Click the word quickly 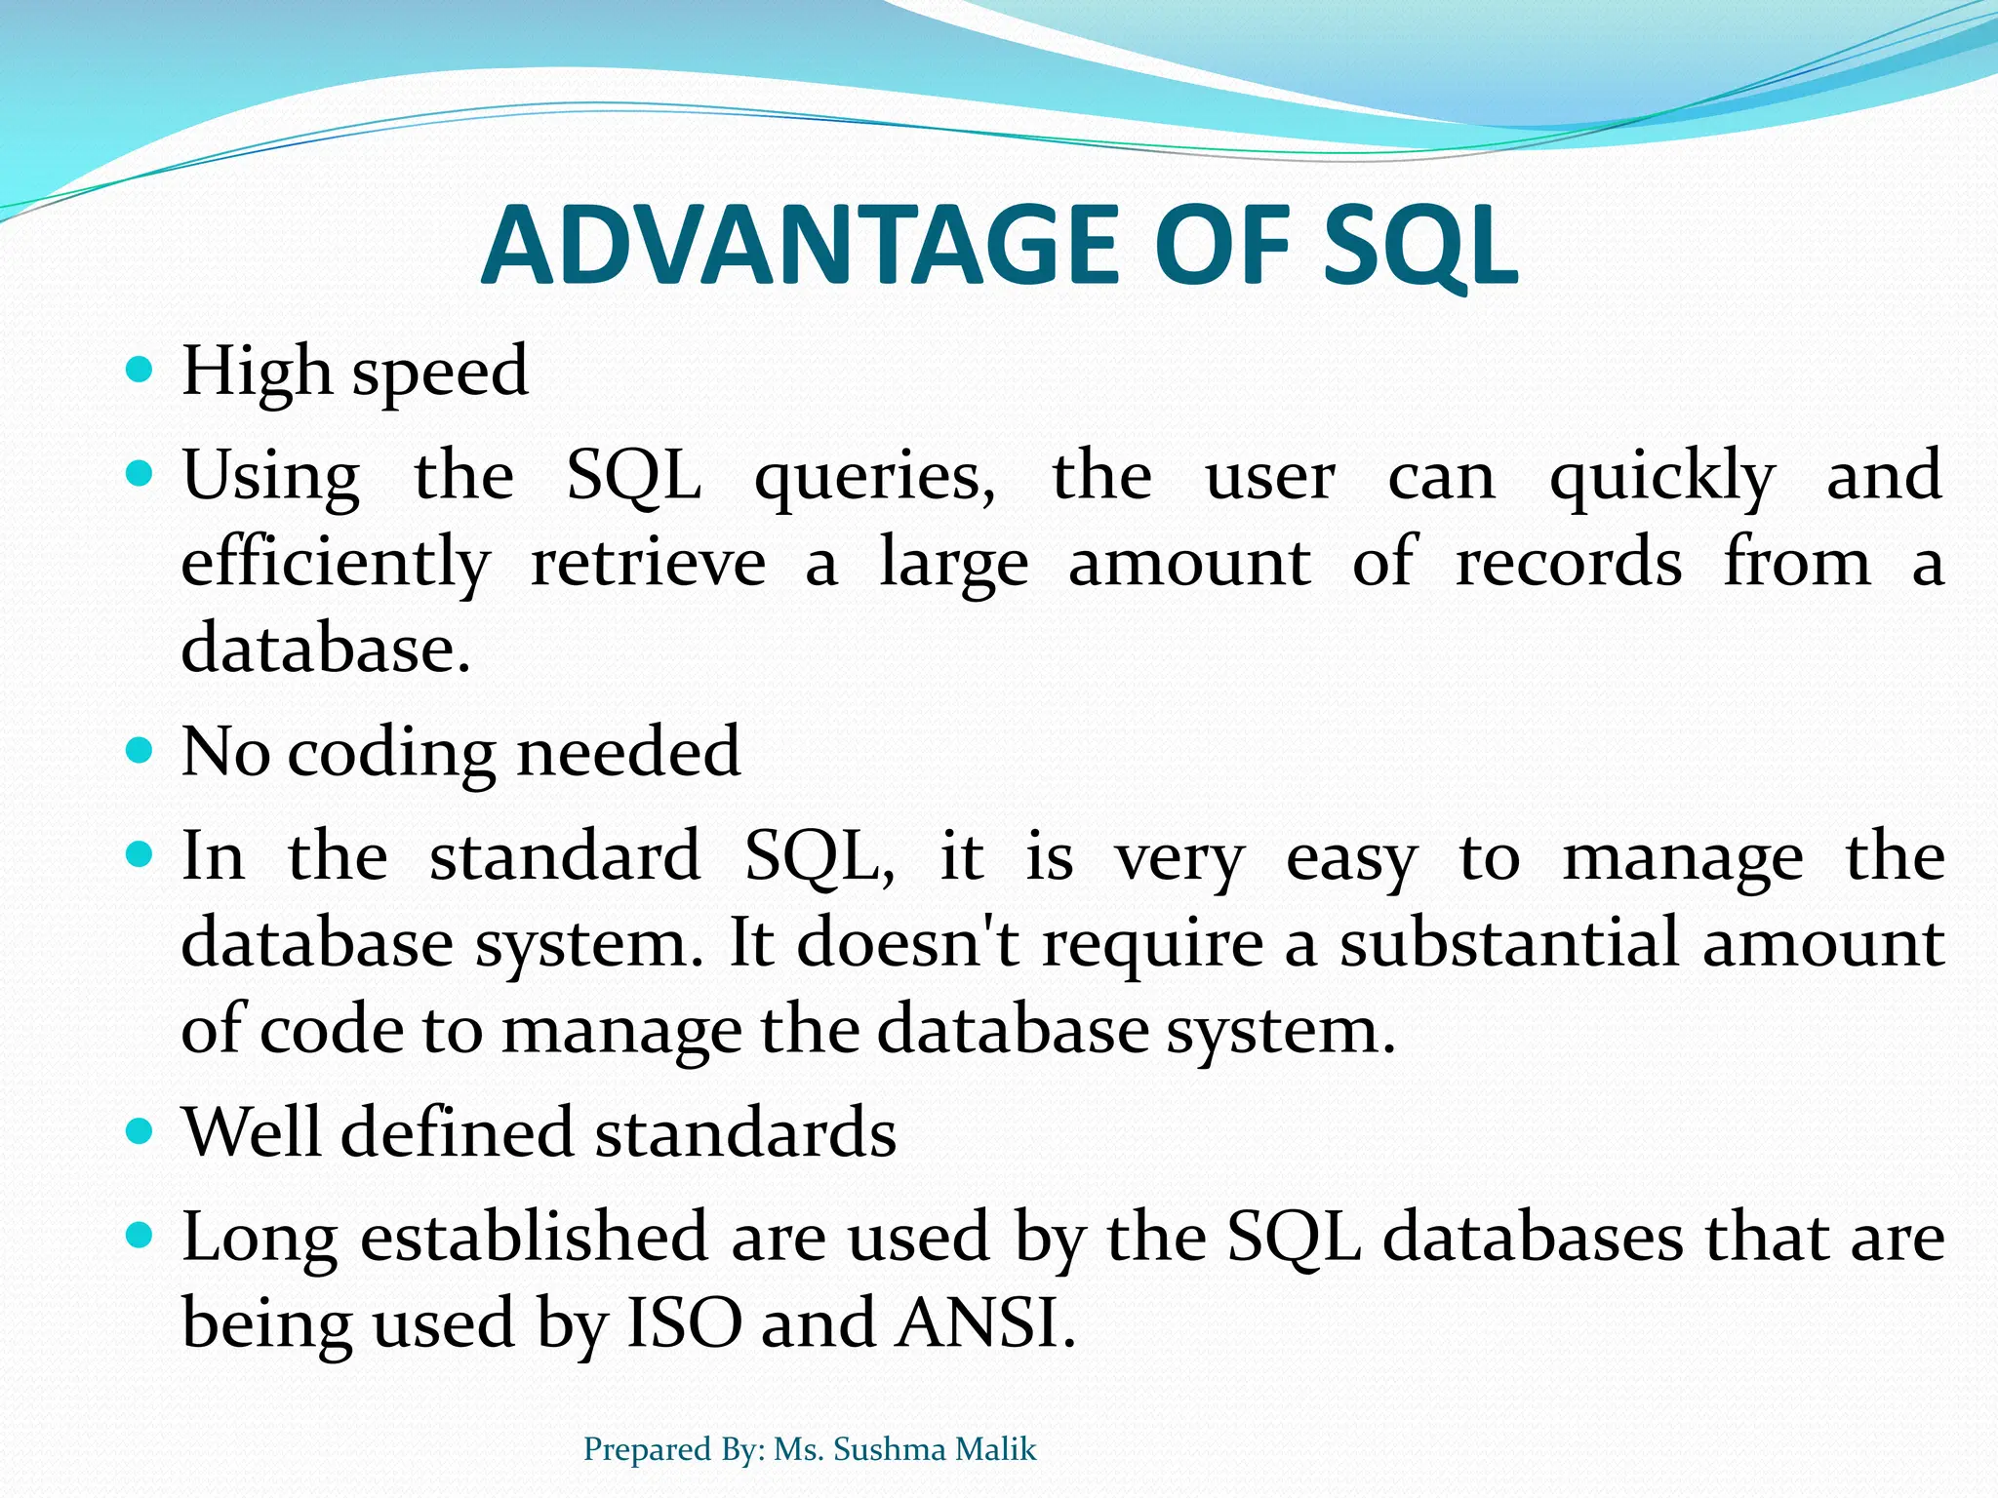[1662, 478]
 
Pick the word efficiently [336, 564]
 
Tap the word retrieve [648, 564]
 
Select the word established [534, 1237]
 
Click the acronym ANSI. [986, 1323]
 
